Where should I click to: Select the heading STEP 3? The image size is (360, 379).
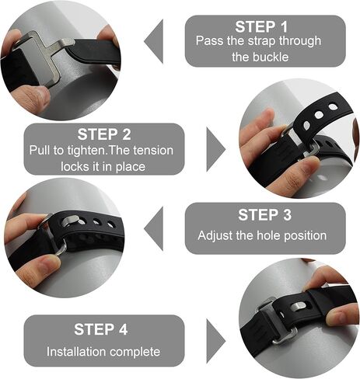coord(264,215)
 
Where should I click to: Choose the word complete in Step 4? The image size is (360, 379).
coord(135,352)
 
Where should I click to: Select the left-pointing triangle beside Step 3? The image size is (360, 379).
coord(155,228)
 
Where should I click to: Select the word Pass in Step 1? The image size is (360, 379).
coord(208,40)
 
